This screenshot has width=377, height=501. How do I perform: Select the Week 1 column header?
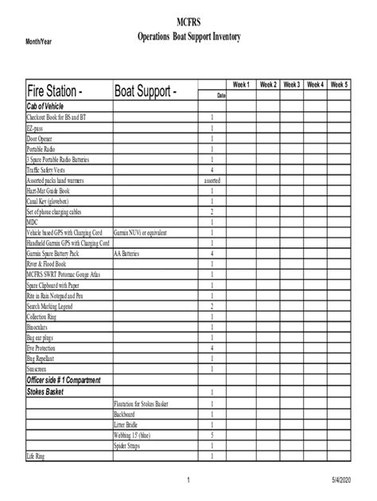pyautogui.click(x=241, y=84)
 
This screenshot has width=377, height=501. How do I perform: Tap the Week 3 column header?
pyautogui.click(x=291, y=84)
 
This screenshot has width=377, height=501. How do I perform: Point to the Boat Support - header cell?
pyautogui.click(x=146, y=91)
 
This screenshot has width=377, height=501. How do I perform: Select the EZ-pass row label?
pyautogui.click(x=37, y=127)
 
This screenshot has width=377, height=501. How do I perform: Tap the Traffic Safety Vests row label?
pyautogui.click(x=49, y=169)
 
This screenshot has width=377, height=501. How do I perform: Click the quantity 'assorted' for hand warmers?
pyautogui.click(x=212, y=181)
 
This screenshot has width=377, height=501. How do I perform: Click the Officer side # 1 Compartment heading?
pyautogui.click(x=64, y=380)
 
